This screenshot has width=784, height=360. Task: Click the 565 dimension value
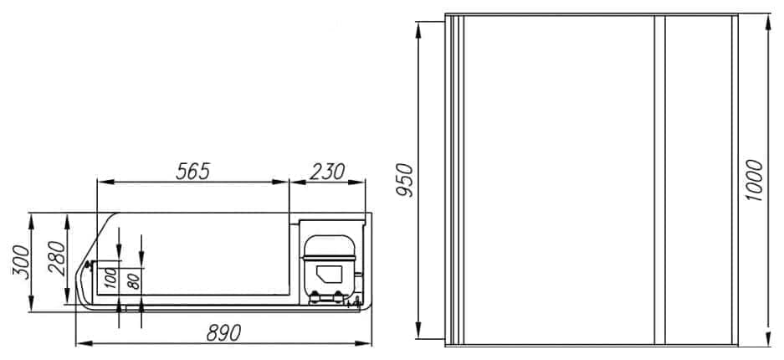(192, 172)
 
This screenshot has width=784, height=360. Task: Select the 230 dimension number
(327, 172)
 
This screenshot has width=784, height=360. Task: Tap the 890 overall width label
(223, 332)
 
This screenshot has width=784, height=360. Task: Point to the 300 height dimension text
(21, 262)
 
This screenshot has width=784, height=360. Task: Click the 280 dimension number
(57, 258)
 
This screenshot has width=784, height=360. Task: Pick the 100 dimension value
(111, 278)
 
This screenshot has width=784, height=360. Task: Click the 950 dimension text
(406, 180)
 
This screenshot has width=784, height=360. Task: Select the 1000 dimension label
(754, 180)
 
